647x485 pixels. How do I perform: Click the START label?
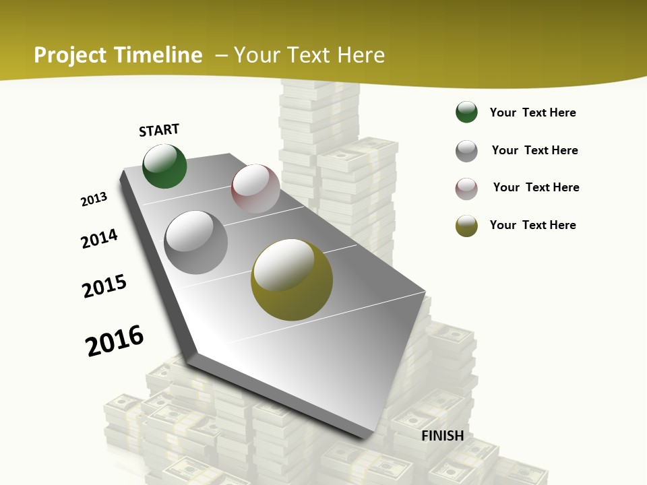tap(159, 130)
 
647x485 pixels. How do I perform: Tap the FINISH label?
tap(443, 436)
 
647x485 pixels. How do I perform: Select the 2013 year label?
tap(94, 199)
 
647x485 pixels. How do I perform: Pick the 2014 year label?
tap(99, 238)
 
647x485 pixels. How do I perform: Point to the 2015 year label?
tap(104, 286)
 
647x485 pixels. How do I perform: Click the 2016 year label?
tap(115, 340)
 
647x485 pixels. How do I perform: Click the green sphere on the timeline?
tap(164, 166)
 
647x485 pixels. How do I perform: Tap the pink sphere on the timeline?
tap(255, 189)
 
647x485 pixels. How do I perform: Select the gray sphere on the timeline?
tap(196, 242)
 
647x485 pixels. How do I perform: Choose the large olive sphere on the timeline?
tap(292, 280)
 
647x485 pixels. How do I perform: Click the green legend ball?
tap(466, 112)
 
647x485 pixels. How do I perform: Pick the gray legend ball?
tap(466, 151)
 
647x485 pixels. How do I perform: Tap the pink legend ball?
tap(466, 189)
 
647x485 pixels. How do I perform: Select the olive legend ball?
tap(466, 226)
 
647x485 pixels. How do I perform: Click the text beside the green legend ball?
tap(532, 112)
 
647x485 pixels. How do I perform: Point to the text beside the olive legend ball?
tap(532, 225)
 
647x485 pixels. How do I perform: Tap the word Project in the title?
tap(70, 55)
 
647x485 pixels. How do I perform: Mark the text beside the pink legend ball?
tap(536, 187)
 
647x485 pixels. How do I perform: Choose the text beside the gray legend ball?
tap(534, 150)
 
